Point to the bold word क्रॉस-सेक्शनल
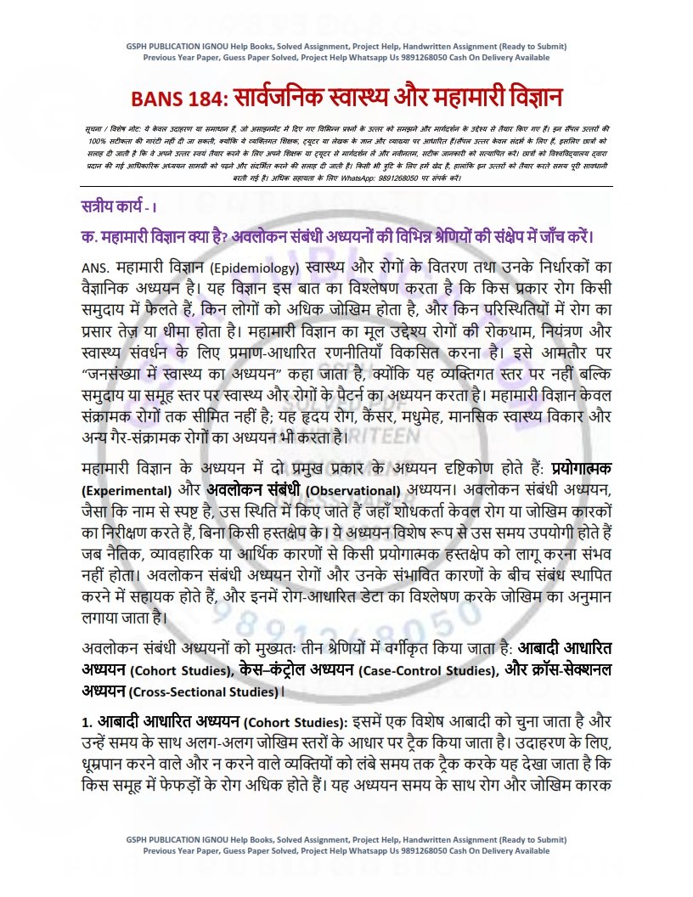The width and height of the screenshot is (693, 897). click(x=574, y=670)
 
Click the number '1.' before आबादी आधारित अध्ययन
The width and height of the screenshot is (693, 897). click(x=86, y=723)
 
